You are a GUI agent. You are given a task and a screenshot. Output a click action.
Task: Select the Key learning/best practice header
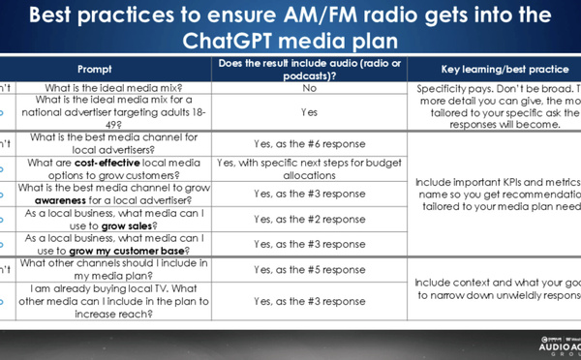[493, 71]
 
